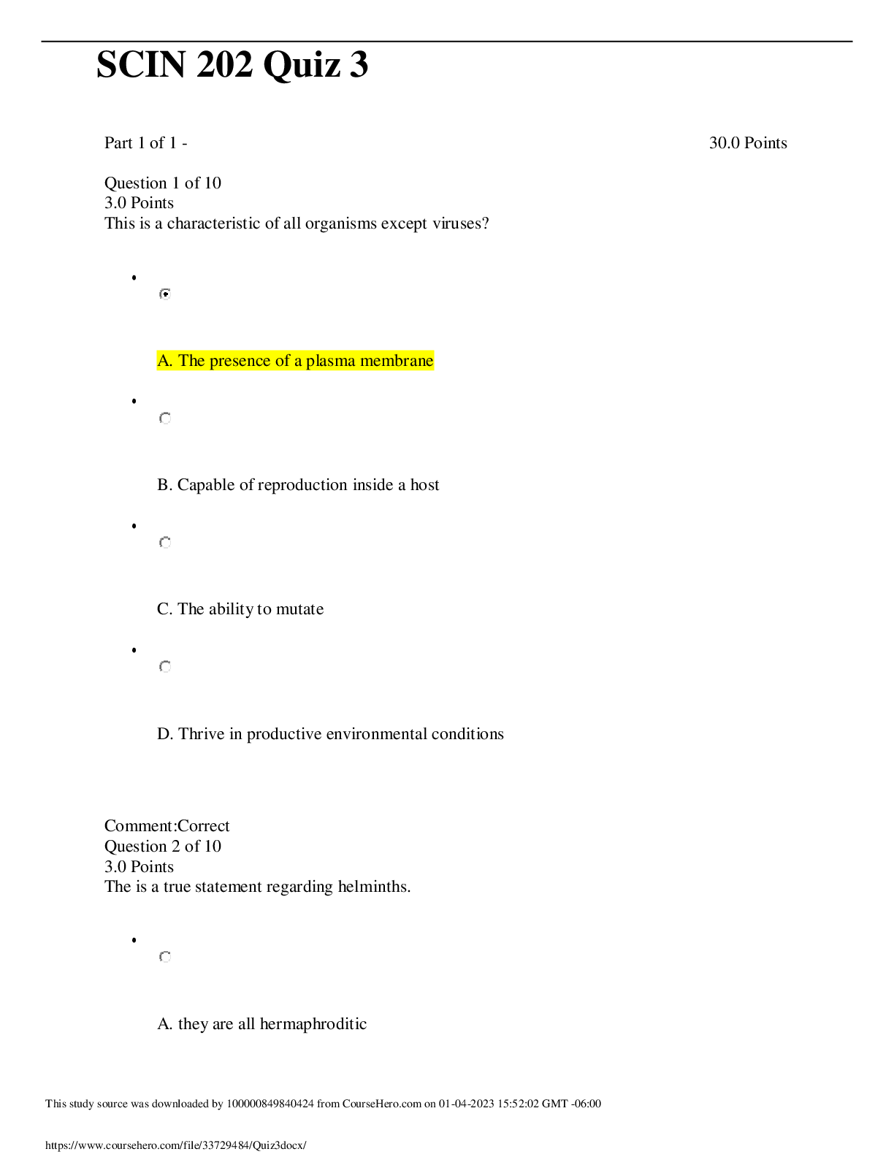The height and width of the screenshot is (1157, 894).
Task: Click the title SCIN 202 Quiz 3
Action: pyautogui.click(x=232, y=65)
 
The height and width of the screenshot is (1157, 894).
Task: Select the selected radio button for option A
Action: pyautogui.click(x=165, y=294)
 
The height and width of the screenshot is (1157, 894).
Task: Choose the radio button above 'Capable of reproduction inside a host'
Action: pyautogui.click(x=165, y=418)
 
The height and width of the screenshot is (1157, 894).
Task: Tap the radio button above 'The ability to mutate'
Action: pyautogui.click(x=165, y=542)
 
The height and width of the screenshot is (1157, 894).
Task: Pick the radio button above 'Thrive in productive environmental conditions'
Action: pyautogui.click(x=165, y=666)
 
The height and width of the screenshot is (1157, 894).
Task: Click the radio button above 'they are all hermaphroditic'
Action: pyautogui.click(x=165, y=957)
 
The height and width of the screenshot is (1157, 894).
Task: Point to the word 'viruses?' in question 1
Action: pyautogui.click(x=461, y=223)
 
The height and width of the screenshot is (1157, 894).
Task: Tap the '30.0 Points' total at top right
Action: pyautogui.click(x=748, y=142)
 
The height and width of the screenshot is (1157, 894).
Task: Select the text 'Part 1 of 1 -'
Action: pyautogui.click(x=146, y=142)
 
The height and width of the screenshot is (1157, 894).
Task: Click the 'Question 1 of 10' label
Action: pyautogui.click(x=162, y=183)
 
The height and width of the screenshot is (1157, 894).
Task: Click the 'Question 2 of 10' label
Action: pyautogui.click(x=162, y=846)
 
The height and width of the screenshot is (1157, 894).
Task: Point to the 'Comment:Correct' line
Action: pyautogui.click(x=167, y=826)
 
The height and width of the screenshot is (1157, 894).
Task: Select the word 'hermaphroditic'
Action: pyautogui.click(x=313, y=1024)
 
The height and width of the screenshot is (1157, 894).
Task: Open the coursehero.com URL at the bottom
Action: pyautogui.click(x=176, y=1145)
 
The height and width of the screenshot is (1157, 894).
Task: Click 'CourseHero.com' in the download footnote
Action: pyautogui.click(x=381, y=1104)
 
